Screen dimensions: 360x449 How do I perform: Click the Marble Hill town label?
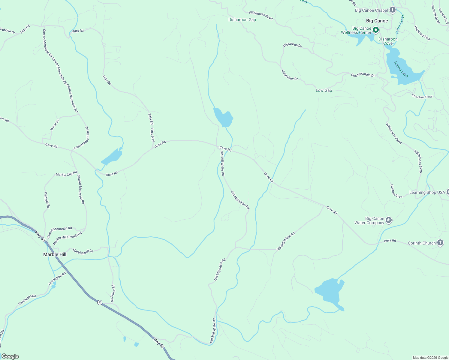tap(55, 254)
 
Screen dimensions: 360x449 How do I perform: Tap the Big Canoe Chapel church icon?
tap(392, 10)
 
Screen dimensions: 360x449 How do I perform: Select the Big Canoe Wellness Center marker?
tap(375, 30)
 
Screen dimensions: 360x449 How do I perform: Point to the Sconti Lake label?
tap(401, 69)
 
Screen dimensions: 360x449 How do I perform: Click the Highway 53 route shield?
tap(100, 302)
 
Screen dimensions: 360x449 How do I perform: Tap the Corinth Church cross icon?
tap(440, 243)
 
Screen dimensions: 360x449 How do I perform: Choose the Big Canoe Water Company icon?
tap(389, 220)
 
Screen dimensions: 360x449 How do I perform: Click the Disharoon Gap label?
tap(242, 19)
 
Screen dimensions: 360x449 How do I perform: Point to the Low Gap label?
tap(324, 90)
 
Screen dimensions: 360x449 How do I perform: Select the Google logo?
tap(10, 356)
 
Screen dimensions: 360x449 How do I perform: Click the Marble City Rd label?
tap(66, 174)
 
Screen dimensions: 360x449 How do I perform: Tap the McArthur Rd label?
tap(112, 293)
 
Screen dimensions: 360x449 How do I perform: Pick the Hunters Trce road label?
tap(396, 191)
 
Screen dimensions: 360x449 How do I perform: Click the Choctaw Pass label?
tap(422, 97)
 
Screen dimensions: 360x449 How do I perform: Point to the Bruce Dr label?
tap(55, 125)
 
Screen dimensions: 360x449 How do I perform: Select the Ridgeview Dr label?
tap(289, 75)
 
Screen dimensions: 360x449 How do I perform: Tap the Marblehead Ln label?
tap(83, 252)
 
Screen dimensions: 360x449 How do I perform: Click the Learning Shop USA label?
tap(427, 192)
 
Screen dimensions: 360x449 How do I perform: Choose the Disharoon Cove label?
tap(388, 41)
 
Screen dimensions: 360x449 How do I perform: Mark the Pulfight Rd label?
tap(47, 200)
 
